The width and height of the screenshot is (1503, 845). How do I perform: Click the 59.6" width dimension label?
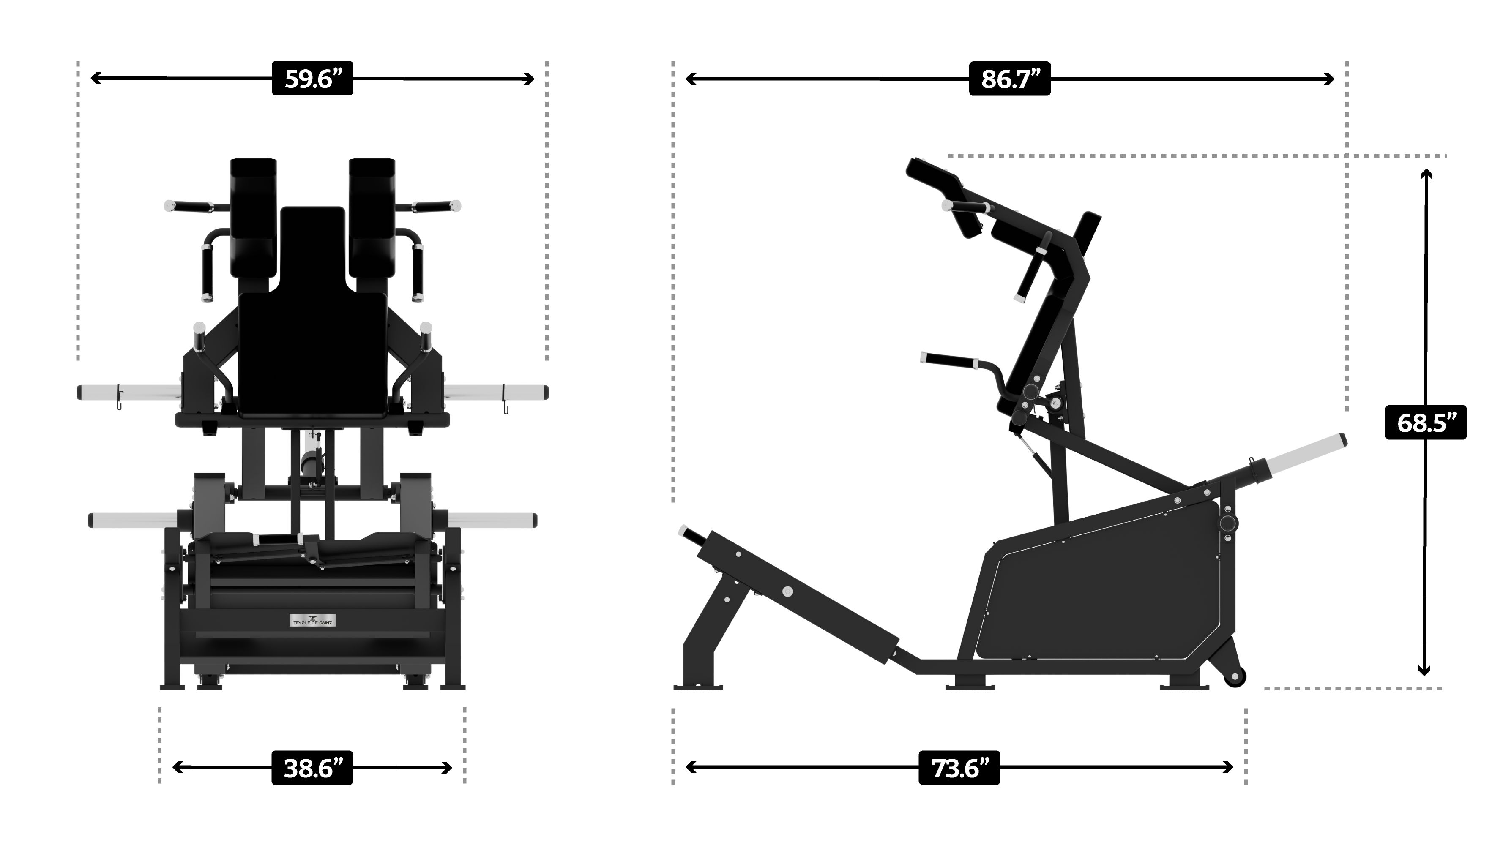pos(312,78)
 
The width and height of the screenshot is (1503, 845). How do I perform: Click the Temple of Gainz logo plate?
pos(313,620)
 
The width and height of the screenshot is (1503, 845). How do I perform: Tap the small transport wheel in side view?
pos(1235,676)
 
